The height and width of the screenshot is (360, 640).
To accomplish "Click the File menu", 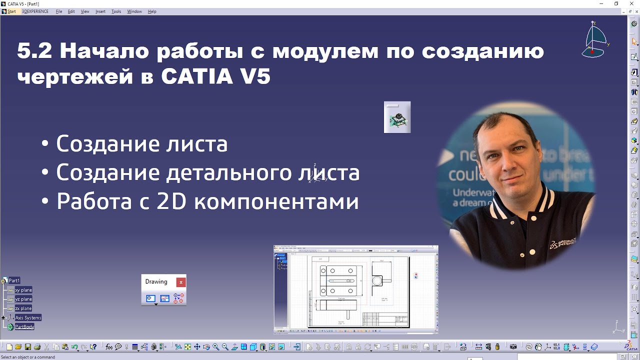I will click(59, 11).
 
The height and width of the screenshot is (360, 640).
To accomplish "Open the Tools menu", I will click(116, 11).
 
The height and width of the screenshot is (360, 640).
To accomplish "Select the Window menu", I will click(134, 11).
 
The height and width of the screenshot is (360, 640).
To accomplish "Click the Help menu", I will click(152, 11).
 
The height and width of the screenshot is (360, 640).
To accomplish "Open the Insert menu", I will click(100, 11).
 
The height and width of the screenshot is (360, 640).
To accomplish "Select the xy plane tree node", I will click(23, 290).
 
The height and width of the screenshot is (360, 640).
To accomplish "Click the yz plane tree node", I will click(23, 299).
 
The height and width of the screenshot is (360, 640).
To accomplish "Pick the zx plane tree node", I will click(23, 308).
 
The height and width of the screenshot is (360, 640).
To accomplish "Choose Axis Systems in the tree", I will click(28, 318).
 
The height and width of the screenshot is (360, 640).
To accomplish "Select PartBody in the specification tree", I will click(24, 327).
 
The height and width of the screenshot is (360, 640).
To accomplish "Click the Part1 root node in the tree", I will click(14, 280).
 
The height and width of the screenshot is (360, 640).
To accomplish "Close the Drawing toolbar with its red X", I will click(181, 282).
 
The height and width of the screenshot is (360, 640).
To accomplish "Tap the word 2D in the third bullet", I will click(171, 201).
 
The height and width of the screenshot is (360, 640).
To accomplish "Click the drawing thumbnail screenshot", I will click(356, 289).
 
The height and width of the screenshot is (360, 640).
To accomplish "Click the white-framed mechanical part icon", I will click(397, 117).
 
